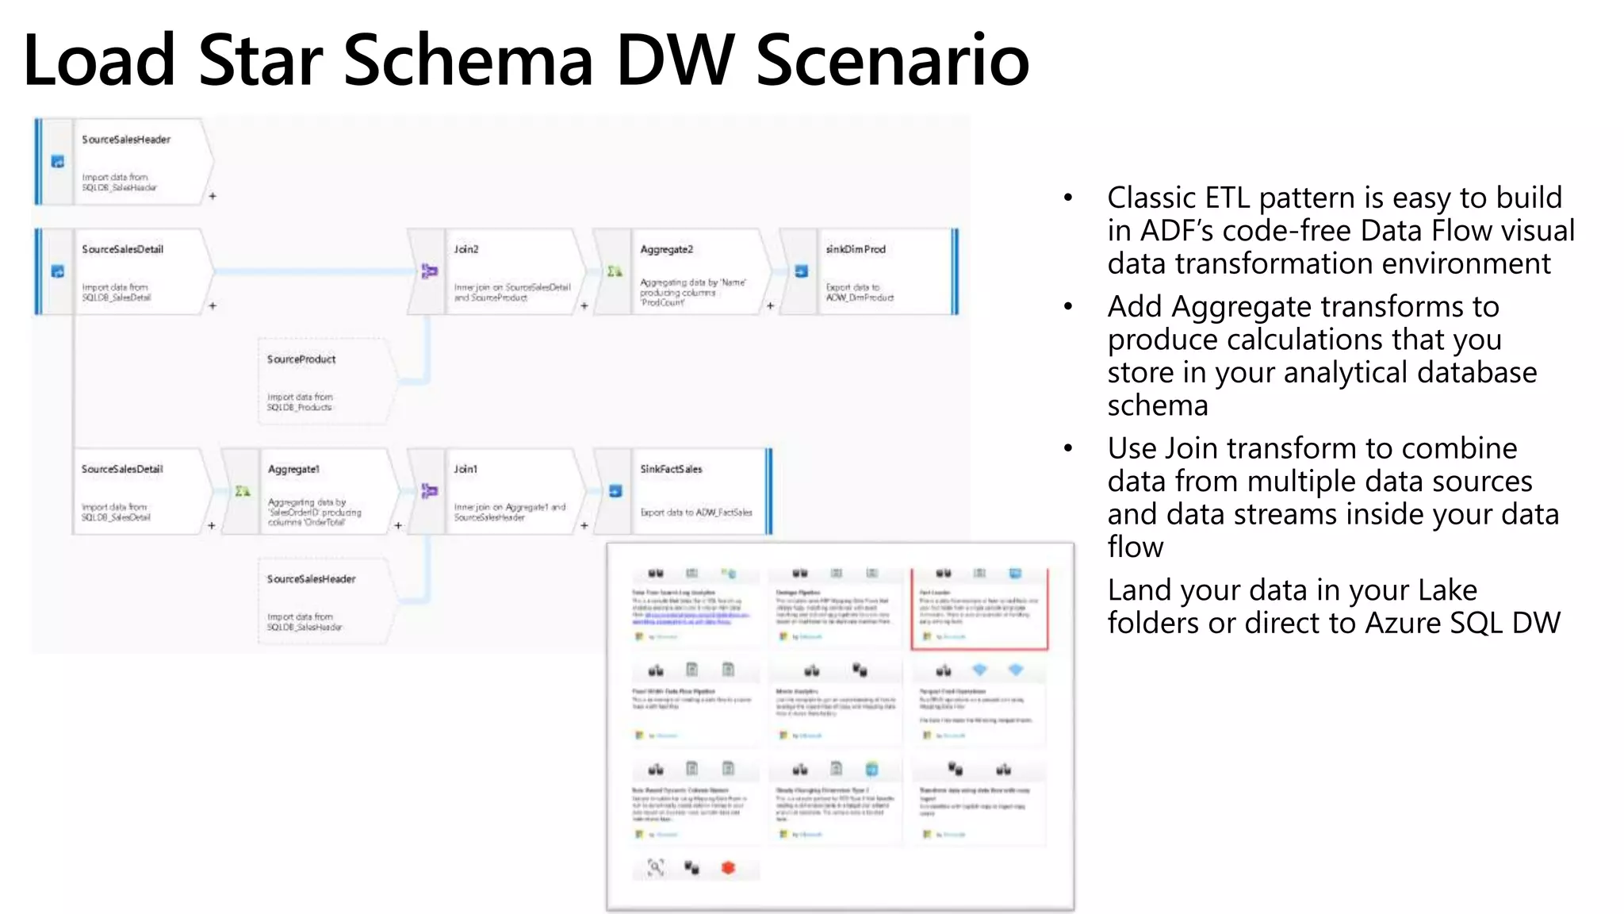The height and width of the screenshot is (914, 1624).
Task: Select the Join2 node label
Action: coord(466,249)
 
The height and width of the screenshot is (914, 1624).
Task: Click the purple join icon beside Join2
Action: coord(429,271)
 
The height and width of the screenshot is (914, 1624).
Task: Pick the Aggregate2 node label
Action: coord(666,249)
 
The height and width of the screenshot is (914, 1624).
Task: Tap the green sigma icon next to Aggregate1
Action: coord(243,491)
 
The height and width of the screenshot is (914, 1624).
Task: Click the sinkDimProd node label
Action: coord(855,249)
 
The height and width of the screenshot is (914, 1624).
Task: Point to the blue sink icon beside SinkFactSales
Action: coord(615,491)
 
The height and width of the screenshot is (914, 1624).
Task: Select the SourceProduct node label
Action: coord(301,359)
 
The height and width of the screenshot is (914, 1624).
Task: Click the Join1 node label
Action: coord(465,469)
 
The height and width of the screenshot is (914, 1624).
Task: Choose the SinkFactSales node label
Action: coord(671,469)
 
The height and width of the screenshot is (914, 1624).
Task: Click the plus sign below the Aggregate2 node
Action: coord(770,305)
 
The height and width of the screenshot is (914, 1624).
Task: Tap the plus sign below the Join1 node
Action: coord(584,525)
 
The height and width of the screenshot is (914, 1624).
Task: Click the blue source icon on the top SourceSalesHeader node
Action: coord(58,162)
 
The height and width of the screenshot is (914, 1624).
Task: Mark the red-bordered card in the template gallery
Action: coord(979,609)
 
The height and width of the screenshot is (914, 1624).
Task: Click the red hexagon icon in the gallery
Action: coord(728,867)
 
